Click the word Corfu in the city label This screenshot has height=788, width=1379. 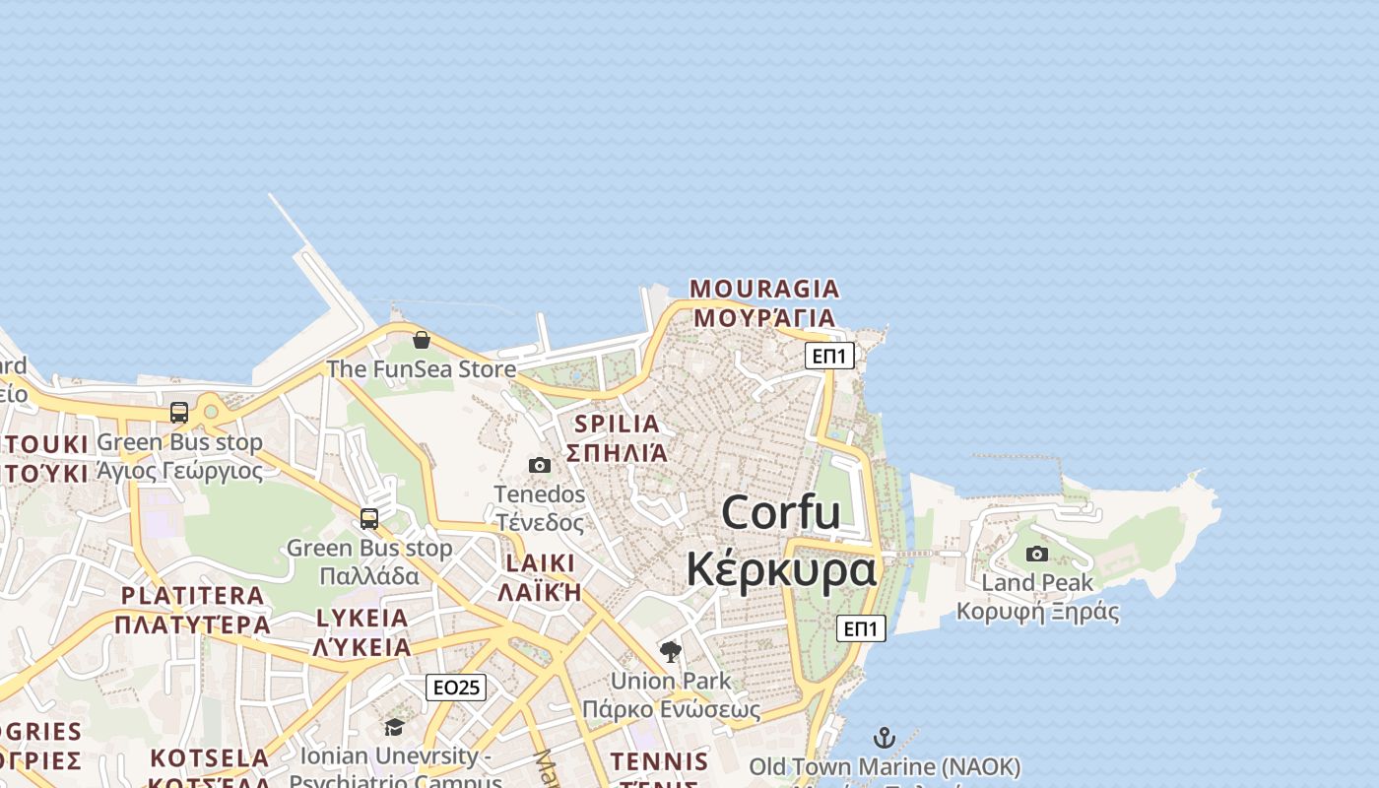tap(781, 513)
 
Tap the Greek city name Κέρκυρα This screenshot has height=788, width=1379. tap(781, 569)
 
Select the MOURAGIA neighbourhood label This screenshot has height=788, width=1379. tap(764, 289)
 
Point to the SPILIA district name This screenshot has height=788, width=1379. tap(617, 425)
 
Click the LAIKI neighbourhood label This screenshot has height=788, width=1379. tap(540, 563)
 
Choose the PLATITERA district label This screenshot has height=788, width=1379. tap(192, 596)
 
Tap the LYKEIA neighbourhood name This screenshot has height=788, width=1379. tap(361, 619)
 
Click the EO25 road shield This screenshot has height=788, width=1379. tap(456, 688)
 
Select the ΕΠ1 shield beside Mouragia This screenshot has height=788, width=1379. tap(829, 356)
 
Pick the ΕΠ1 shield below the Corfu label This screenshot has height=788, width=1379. tap(861, 628)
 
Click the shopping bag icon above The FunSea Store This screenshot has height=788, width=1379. tap(422, 340)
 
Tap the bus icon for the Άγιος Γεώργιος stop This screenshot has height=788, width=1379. tap(179, 413)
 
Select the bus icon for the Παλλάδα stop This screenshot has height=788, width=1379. tap(369, 518)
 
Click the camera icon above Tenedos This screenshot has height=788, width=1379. tap(540, 465)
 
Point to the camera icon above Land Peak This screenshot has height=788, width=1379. tap(1037, 554)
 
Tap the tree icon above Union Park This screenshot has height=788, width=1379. tap(671, 651)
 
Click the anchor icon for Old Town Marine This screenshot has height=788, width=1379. tap(885, 738)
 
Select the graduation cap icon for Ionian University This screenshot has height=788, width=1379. tap(394, 727)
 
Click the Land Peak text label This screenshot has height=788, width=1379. tap(1037, 583)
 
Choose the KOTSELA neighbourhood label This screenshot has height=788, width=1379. tap(209, 758)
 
